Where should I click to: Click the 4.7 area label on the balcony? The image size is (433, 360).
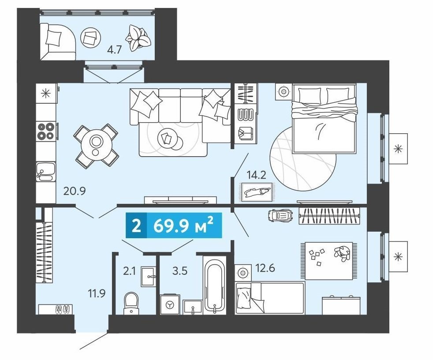pos(114,51)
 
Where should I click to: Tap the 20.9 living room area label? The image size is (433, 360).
pos(75,191)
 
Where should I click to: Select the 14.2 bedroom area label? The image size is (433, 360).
pos(257,175)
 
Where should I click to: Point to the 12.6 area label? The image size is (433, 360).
pos(265,268)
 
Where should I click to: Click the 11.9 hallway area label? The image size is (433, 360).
pos(97,293)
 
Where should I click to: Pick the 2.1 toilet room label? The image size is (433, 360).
pos(129,271)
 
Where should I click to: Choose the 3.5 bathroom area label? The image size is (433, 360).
pos(180,271)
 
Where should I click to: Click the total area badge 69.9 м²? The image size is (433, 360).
pos(174,225)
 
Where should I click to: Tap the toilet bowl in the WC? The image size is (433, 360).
pos(131,303)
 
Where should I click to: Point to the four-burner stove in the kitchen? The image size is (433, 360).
pos(46,131)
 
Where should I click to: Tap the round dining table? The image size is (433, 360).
pos(96,143)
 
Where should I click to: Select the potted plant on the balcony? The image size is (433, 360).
pos(138,38)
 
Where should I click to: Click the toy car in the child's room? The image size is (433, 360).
pos(280,215)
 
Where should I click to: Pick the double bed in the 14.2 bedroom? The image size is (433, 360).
pos(324,119)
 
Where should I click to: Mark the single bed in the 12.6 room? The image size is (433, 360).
pos(270,298)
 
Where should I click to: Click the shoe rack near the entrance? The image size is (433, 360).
pos(56,309)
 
